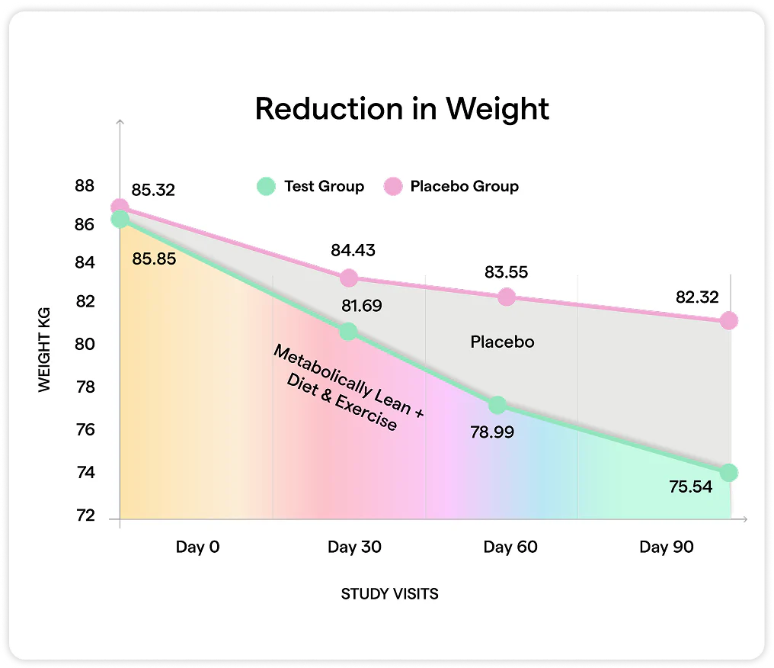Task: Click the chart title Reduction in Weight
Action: tap(401, 109)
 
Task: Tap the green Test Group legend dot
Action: tap(265, 186)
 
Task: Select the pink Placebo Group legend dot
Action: tap(392, 186)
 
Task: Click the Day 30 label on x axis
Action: tap(354, 547)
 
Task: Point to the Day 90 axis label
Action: tap(667, 547)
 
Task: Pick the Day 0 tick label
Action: tap(197, 547)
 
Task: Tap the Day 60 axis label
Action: tap(510, 547)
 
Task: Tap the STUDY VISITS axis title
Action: tap(389, 594)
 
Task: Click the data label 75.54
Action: tap(690, 487)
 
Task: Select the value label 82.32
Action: tap(697, 297)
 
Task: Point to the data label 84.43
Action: tap(353, 249)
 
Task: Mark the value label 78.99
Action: tap(492, 432)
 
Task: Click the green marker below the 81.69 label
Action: tap(348, 331)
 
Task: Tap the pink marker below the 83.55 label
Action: tap(506, 297)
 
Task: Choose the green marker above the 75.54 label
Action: tap(728, 473)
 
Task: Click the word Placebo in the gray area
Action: tap(502, 342)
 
